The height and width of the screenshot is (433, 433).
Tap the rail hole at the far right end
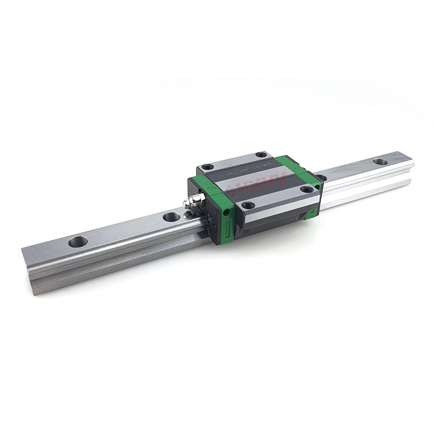[x=380, y=162]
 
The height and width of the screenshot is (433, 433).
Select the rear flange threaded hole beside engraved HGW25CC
[x=261, y=155]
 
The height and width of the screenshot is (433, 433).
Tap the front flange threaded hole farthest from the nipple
[x=307, y=189]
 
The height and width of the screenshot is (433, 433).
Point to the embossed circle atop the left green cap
[x=210, y=189]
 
